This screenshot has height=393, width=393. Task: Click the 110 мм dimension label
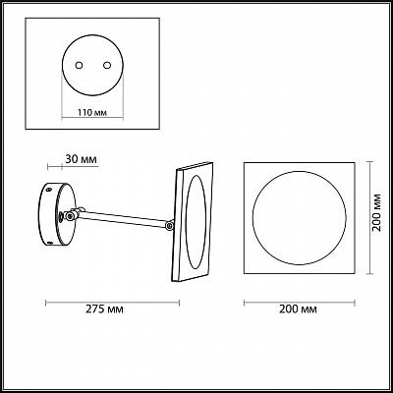[92, 113]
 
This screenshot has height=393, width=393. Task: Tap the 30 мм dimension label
[81, 159]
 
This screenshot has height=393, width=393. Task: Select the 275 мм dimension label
[105, 309]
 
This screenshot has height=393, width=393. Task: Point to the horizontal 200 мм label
[298, 309]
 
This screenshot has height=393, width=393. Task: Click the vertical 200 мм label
[377, 212]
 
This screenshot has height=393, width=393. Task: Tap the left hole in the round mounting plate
[79, 66]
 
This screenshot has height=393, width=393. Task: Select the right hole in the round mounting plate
[107, 66]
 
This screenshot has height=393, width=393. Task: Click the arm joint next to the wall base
[70, 215]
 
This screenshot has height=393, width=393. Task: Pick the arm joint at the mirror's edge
[169, 225]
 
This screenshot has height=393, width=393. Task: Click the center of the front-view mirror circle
[299, 218]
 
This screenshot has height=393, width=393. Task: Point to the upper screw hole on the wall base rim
[49, 190]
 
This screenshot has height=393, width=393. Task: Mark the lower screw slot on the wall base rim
[50, 243]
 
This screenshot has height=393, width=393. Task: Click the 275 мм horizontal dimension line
[112, 303]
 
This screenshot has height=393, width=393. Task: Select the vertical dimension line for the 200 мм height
[369, 218]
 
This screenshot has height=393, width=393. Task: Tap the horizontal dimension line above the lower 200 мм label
[300, 303]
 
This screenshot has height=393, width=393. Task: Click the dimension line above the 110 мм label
[92, 118]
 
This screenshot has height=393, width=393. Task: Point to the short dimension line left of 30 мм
[55, 167]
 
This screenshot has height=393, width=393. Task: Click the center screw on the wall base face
[61, 216]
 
